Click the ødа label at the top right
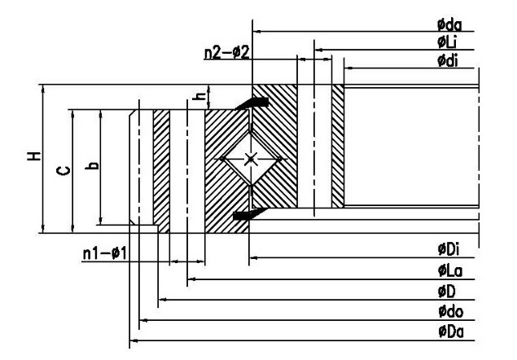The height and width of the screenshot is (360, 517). pyautogui.click(x=449, y=25)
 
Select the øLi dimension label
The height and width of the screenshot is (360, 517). pyautogui.click(x=447, y=42)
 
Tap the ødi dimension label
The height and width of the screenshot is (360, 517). pyautogui.click(x=448, y=61)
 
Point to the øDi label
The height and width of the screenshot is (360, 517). pyautogui.click(x=449, y=249)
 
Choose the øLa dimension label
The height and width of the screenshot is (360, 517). pyautogui.click(x=450, y=270)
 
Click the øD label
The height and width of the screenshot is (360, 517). pyautogui.click(x=446, y=292)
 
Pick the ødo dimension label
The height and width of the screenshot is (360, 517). pyautogui.click(x=450, y=311)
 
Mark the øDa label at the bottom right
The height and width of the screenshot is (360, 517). pyautogui.click(x=451, y=331)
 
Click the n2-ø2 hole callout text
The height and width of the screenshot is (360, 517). pyautogui.click(x=227, y=52)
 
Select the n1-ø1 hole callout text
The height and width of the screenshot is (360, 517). pyautogui.click(x=104, y=254)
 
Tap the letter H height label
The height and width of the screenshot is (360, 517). pyautogui.click(x=34, y=156)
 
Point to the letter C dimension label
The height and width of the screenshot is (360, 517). pyautogui.click(x=64, y=171)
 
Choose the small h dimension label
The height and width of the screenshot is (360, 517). pyautogui.click(x=199, y=96)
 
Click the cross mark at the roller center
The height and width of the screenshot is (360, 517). pyautogui.click(x=250, y=160)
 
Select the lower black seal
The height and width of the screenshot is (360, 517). pyautogui.click(x=250, y=214)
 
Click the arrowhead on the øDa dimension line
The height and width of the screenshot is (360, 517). pyautogui.click(x=134, y=340)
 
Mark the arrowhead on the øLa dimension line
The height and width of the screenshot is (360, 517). pyautogui.click(x=192, y=279)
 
